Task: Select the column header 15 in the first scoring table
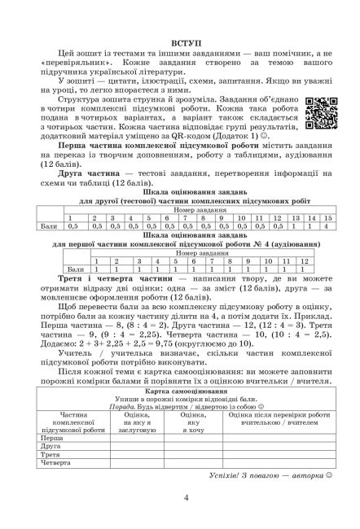click(327, 218)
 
